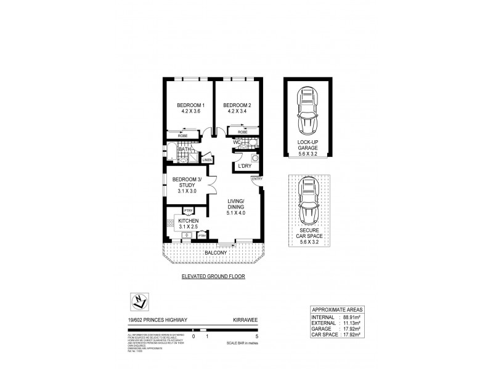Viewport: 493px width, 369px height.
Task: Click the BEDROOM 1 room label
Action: pyautogui.click(x=190, y=105)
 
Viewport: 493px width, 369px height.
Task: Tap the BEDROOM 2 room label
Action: pyautogui.click(x=237, y=105)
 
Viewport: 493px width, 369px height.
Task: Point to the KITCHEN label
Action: pyautogui.click(x=189, y=221)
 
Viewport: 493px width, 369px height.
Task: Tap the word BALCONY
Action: pyautogui.click(x=216, y=253)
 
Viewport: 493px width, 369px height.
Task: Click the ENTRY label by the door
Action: pyautogui.click(x=256, y=179)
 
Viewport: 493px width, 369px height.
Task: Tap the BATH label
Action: pyautogui.click(x=183, y=149)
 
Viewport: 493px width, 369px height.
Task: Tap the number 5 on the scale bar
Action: pyautogui.click(x=247, y=337)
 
